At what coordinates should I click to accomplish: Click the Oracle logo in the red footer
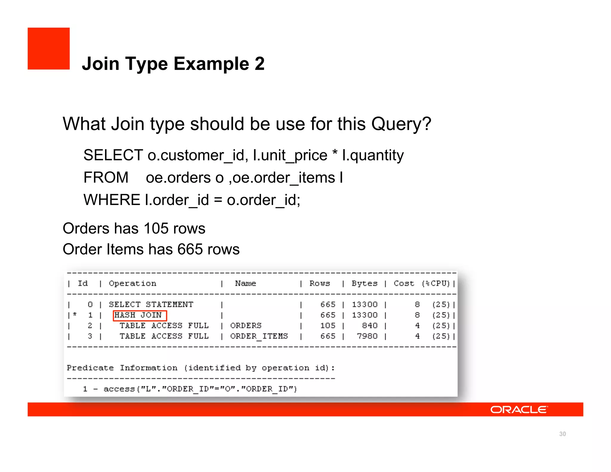[519, 410]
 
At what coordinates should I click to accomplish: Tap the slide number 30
[562, 434]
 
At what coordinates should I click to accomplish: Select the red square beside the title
[49, 49]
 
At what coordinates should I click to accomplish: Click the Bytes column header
[364, 283]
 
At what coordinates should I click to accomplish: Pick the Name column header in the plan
[245, 283]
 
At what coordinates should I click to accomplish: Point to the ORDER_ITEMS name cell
[259, 336]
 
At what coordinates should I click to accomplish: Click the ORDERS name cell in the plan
[246, 326]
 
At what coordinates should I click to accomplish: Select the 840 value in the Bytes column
[370, 326]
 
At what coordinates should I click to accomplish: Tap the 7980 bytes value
[367, 336]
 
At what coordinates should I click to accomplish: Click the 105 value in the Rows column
[328, 326]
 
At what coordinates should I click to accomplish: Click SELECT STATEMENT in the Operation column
[151, 305]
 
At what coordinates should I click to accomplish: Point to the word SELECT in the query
[113, 155]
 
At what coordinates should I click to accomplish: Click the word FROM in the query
[106, 178]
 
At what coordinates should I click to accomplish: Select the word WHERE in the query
[112, 200]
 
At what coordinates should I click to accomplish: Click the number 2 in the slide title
[260, 64]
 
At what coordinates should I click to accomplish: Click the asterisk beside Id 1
[75, 314]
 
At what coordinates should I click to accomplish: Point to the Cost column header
[404, 283]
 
